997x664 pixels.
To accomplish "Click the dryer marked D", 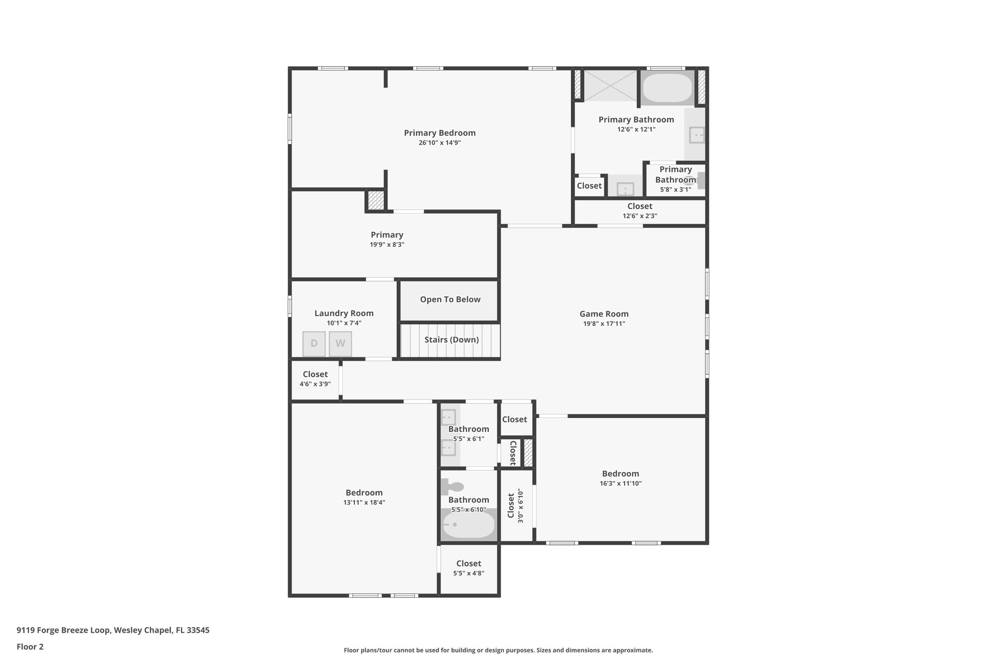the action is (x=314, y=343).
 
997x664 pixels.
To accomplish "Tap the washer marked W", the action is (x=340, y=343).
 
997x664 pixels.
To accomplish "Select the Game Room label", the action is (x=604, y=314).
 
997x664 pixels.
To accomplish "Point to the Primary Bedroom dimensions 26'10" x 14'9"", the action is (x=440, y=143).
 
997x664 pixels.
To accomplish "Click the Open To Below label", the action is (x=450, y=299).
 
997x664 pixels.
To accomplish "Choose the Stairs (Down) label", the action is (x=452, y=340).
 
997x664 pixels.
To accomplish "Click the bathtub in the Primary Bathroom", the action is (x=667, y=88).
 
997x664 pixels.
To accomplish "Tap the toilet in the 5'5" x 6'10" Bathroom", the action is (x=452, y=486).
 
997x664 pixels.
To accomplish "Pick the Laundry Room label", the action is (x=344, y=313).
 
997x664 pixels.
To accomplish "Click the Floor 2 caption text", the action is (x=30, y=646).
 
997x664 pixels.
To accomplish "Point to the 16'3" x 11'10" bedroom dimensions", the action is (x=621, y=483).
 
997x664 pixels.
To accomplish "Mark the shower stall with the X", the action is (x=610, y=86).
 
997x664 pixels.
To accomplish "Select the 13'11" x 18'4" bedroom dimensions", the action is (x=364, y=502).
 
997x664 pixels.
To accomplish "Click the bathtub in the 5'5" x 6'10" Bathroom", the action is (x=469, y=525).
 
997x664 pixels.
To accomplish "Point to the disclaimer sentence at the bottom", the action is (x=498, y=650).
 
